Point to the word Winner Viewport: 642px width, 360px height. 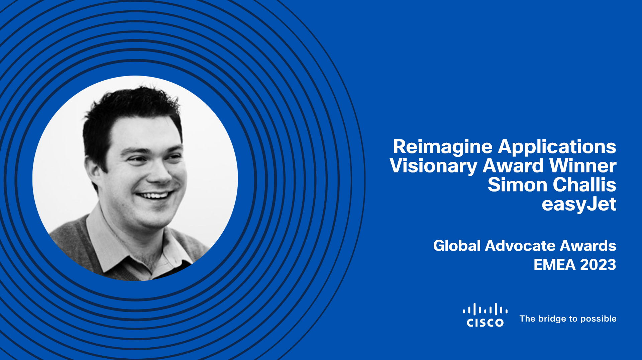tap(583, 166)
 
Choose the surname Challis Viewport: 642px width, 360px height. tap(584, 185)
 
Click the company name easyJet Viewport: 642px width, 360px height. tap(579, 205)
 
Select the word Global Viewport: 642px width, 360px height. tap(457, 246)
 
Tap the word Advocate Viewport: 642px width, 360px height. tap(520, 246)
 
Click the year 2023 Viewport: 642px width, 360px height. tap(598, 265)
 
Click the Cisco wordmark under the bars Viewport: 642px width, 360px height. tap(485, 323)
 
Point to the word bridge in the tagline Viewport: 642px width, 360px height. tap(552, 319)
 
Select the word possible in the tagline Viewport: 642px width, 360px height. tap(599, 319)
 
